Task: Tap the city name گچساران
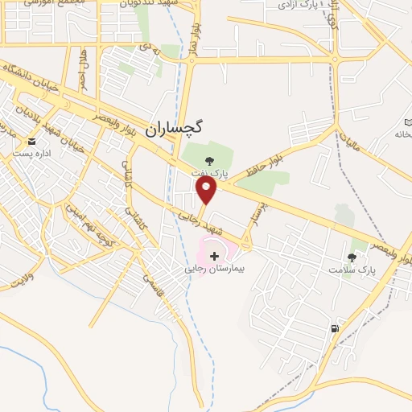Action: (x=177, y=127)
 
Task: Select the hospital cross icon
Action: (x=213, y=255)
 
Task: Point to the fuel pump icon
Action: (x=335, y=328)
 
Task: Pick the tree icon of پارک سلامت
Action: (x=352, y=257)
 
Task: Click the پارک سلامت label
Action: (x=352, y=270)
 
